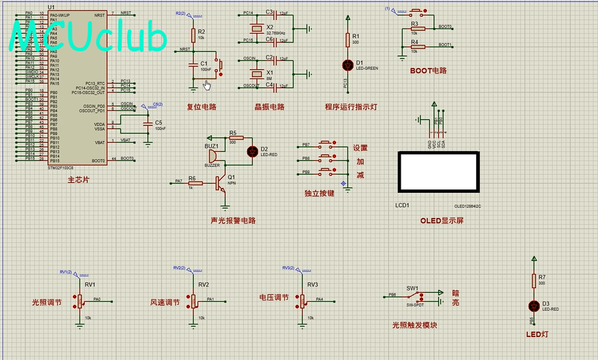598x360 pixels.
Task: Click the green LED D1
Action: (x=348, y=64)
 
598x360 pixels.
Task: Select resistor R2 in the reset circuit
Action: (x=193, y=35)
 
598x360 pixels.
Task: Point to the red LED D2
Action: (x=251, y=151)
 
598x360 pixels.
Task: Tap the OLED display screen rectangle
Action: (x=439, y=171)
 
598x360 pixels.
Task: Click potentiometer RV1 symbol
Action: (x=80, y=301)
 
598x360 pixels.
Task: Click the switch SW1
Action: (x=414, y=296)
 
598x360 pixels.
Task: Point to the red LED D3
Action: (x=534, y=306)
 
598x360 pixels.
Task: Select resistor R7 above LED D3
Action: (x=534, y=281)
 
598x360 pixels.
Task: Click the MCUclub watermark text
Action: (x=89, y=38)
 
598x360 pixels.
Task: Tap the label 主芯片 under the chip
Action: (x=78, y=180)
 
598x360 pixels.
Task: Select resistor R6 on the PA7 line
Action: (x=195, y=182)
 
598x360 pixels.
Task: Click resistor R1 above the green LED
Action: (x=348, y=40)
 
